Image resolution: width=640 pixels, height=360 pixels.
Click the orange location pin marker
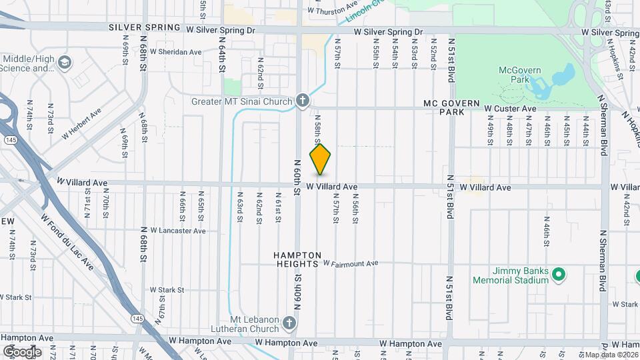[320, 159]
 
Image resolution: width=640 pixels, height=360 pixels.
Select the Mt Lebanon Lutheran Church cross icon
[288, 324]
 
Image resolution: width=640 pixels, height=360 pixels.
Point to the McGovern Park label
[513, 75]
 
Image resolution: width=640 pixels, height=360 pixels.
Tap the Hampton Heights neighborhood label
[297, 260]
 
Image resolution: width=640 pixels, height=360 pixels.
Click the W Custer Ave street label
[510, 109]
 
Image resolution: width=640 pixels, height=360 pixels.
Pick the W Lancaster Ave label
[178, 231]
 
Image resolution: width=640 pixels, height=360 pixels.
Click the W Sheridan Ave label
[175, 51]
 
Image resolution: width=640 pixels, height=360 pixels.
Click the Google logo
[23, 351]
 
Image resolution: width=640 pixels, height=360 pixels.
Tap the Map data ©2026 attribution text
[611, 355]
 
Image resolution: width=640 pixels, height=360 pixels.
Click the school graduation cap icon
[65, 63]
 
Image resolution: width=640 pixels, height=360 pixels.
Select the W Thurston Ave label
[338, 9]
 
